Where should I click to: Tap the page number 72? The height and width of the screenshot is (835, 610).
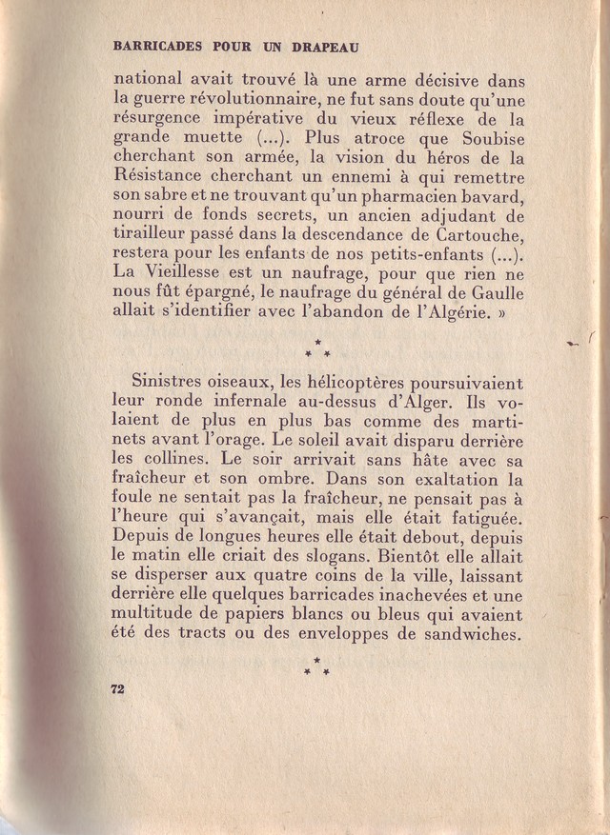[x=118, y=689]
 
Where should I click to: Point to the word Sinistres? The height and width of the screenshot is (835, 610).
[x=173, y=380]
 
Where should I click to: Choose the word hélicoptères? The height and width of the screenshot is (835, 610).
[x=347, y=381]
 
